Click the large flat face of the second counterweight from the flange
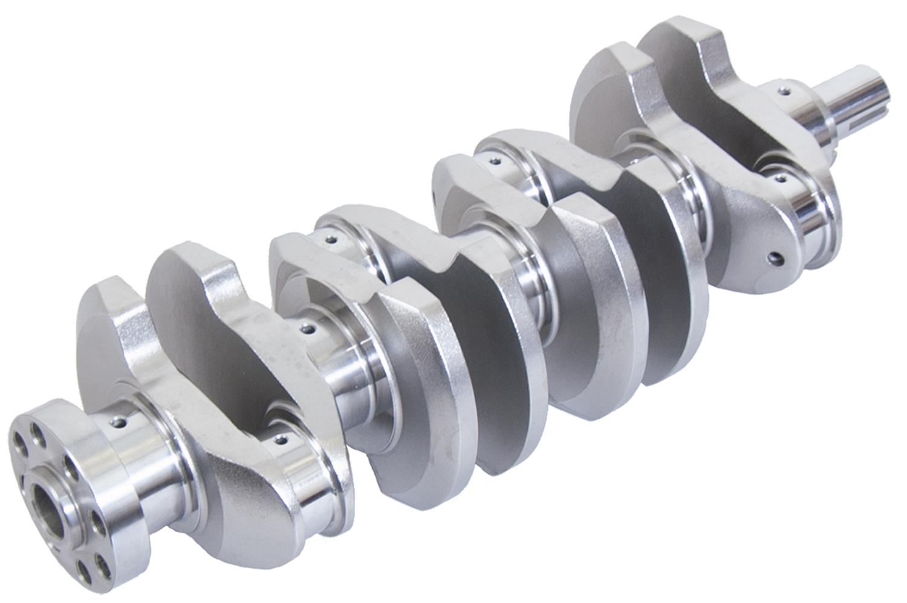193,302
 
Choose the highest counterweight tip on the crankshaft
683,36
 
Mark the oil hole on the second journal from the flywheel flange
309,329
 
